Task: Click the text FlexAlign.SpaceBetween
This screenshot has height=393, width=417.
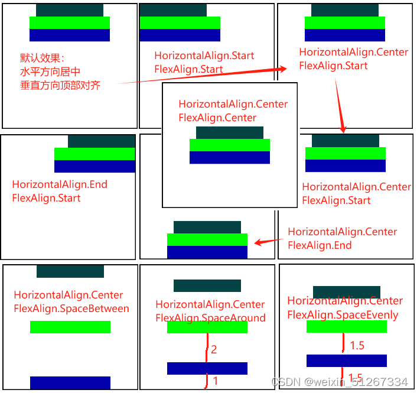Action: pos(71,308)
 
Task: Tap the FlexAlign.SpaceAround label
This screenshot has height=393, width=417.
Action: pos(210,318)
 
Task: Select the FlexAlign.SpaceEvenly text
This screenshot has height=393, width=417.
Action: pos(343,315)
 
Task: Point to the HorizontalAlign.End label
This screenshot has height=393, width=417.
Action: pos(60,184)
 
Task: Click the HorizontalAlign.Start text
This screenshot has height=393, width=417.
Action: pos(204,56)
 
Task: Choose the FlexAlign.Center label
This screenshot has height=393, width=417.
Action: pos(217,118)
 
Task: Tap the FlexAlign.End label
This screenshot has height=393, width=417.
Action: pos(320,245)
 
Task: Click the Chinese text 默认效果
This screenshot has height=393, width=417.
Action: pos(42,59)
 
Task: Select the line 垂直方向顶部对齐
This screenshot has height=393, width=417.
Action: pos(60,85)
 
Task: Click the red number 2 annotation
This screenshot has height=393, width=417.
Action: pos(214,350)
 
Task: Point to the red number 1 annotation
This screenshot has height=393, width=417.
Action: pos(216,381)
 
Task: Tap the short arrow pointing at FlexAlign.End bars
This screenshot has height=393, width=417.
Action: pos(268,241)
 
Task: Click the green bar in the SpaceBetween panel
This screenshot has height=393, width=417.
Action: pos(70,327)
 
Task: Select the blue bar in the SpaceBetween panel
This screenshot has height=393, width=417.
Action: pos(70,382)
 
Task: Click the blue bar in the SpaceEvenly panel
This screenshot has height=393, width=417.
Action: pos(347,360)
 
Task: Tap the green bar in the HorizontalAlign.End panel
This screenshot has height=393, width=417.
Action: pos(95,154)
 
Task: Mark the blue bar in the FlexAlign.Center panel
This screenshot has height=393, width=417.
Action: pos(230,157)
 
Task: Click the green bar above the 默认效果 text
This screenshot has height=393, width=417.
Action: pos(70,22)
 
